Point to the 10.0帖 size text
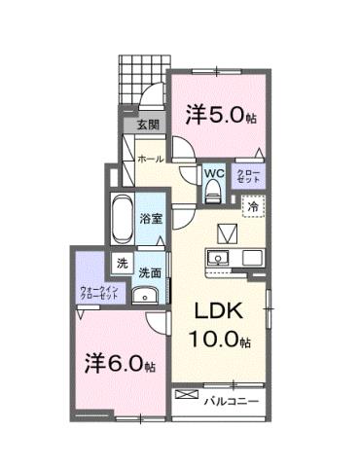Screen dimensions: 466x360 pyautogui.click(x=219, y=342)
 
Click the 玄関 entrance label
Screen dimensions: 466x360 pyautogui.click(x=146, y=125)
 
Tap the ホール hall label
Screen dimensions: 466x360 pyautogui.click(x=149, y=158)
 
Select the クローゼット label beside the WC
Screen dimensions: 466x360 pyautogui.click(x=248, y=177)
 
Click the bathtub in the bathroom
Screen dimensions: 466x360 pyautogui.click(x=124, y=221)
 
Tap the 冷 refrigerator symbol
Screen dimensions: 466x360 pyautogui.click(x=252, y=206)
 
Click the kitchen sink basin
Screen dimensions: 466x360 pyautogui.click(x=215, y=259)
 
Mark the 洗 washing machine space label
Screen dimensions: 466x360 pyautogui.click(x=123, y=263)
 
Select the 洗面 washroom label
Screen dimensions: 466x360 pyautogui.click(x=149, y=272)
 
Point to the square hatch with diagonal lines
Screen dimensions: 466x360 pyautogui.click(x=228, y=233)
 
